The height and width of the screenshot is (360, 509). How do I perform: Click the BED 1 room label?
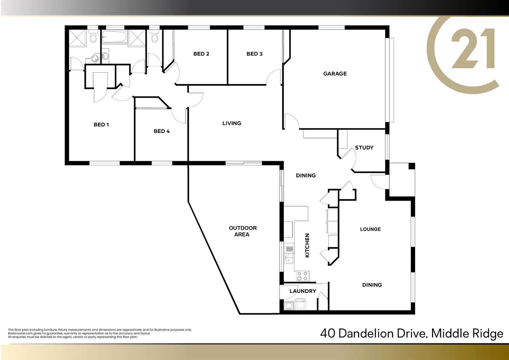coord(101,125)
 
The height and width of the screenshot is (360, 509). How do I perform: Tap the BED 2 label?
coord(201,54)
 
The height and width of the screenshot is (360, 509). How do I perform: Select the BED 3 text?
coord(254,54)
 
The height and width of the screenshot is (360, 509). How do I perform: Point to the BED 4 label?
coord(162,131)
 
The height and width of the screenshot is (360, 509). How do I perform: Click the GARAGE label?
coord(335,74)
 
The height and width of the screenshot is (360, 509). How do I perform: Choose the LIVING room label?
coord(232,123)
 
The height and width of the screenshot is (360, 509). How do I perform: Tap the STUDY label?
coord(364,148)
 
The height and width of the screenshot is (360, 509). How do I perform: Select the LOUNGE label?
coord(370,229)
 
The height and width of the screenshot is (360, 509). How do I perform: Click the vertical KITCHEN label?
coord(307,245)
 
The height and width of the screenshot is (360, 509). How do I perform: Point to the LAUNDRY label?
coord(302,291)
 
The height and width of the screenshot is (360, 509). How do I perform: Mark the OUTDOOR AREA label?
coord(243,231)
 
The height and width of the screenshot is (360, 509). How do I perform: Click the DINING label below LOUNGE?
coord(372,285)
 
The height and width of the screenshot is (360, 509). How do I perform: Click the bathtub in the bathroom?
coord(114,37)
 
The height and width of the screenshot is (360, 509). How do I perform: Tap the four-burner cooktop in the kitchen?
coord(303,276)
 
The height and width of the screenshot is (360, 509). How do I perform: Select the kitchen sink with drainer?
coord(289,255)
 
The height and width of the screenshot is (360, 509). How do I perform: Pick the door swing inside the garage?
coord(291,121)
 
